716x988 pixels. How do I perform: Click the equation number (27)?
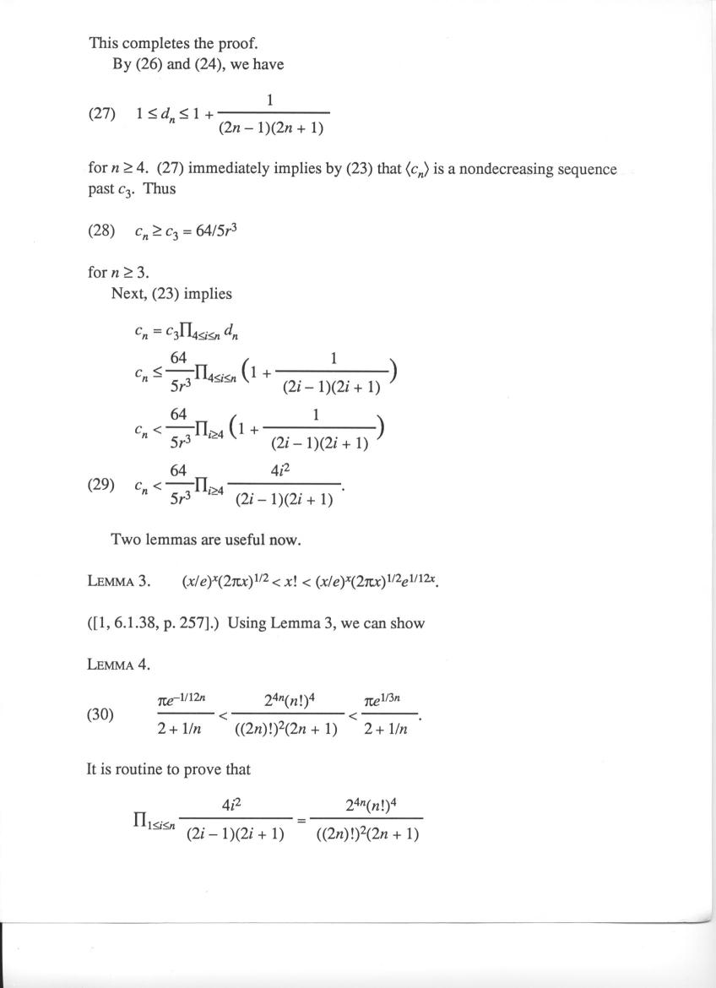[x=101, y=114]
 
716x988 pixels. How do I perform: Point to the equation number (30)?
[x=101, y=714]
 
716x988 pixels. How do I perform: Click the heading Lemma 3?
[x=118, y=582]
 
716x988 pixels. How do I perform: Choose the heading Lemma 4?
[x=118, y=665]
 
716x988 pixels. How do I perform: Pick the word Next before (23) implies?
[x=128, y=294]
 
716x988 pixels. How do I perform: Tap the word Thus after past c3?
[x=160, y=189]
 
